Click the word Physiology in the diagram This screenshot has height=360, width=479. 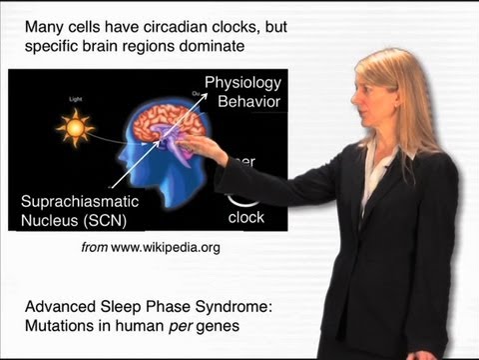[x=242, y=83]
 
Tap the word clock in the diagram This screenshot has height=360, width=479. [x=245, y=218]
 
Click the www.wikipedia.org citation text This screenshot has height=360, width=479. [x=167, y=246]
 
